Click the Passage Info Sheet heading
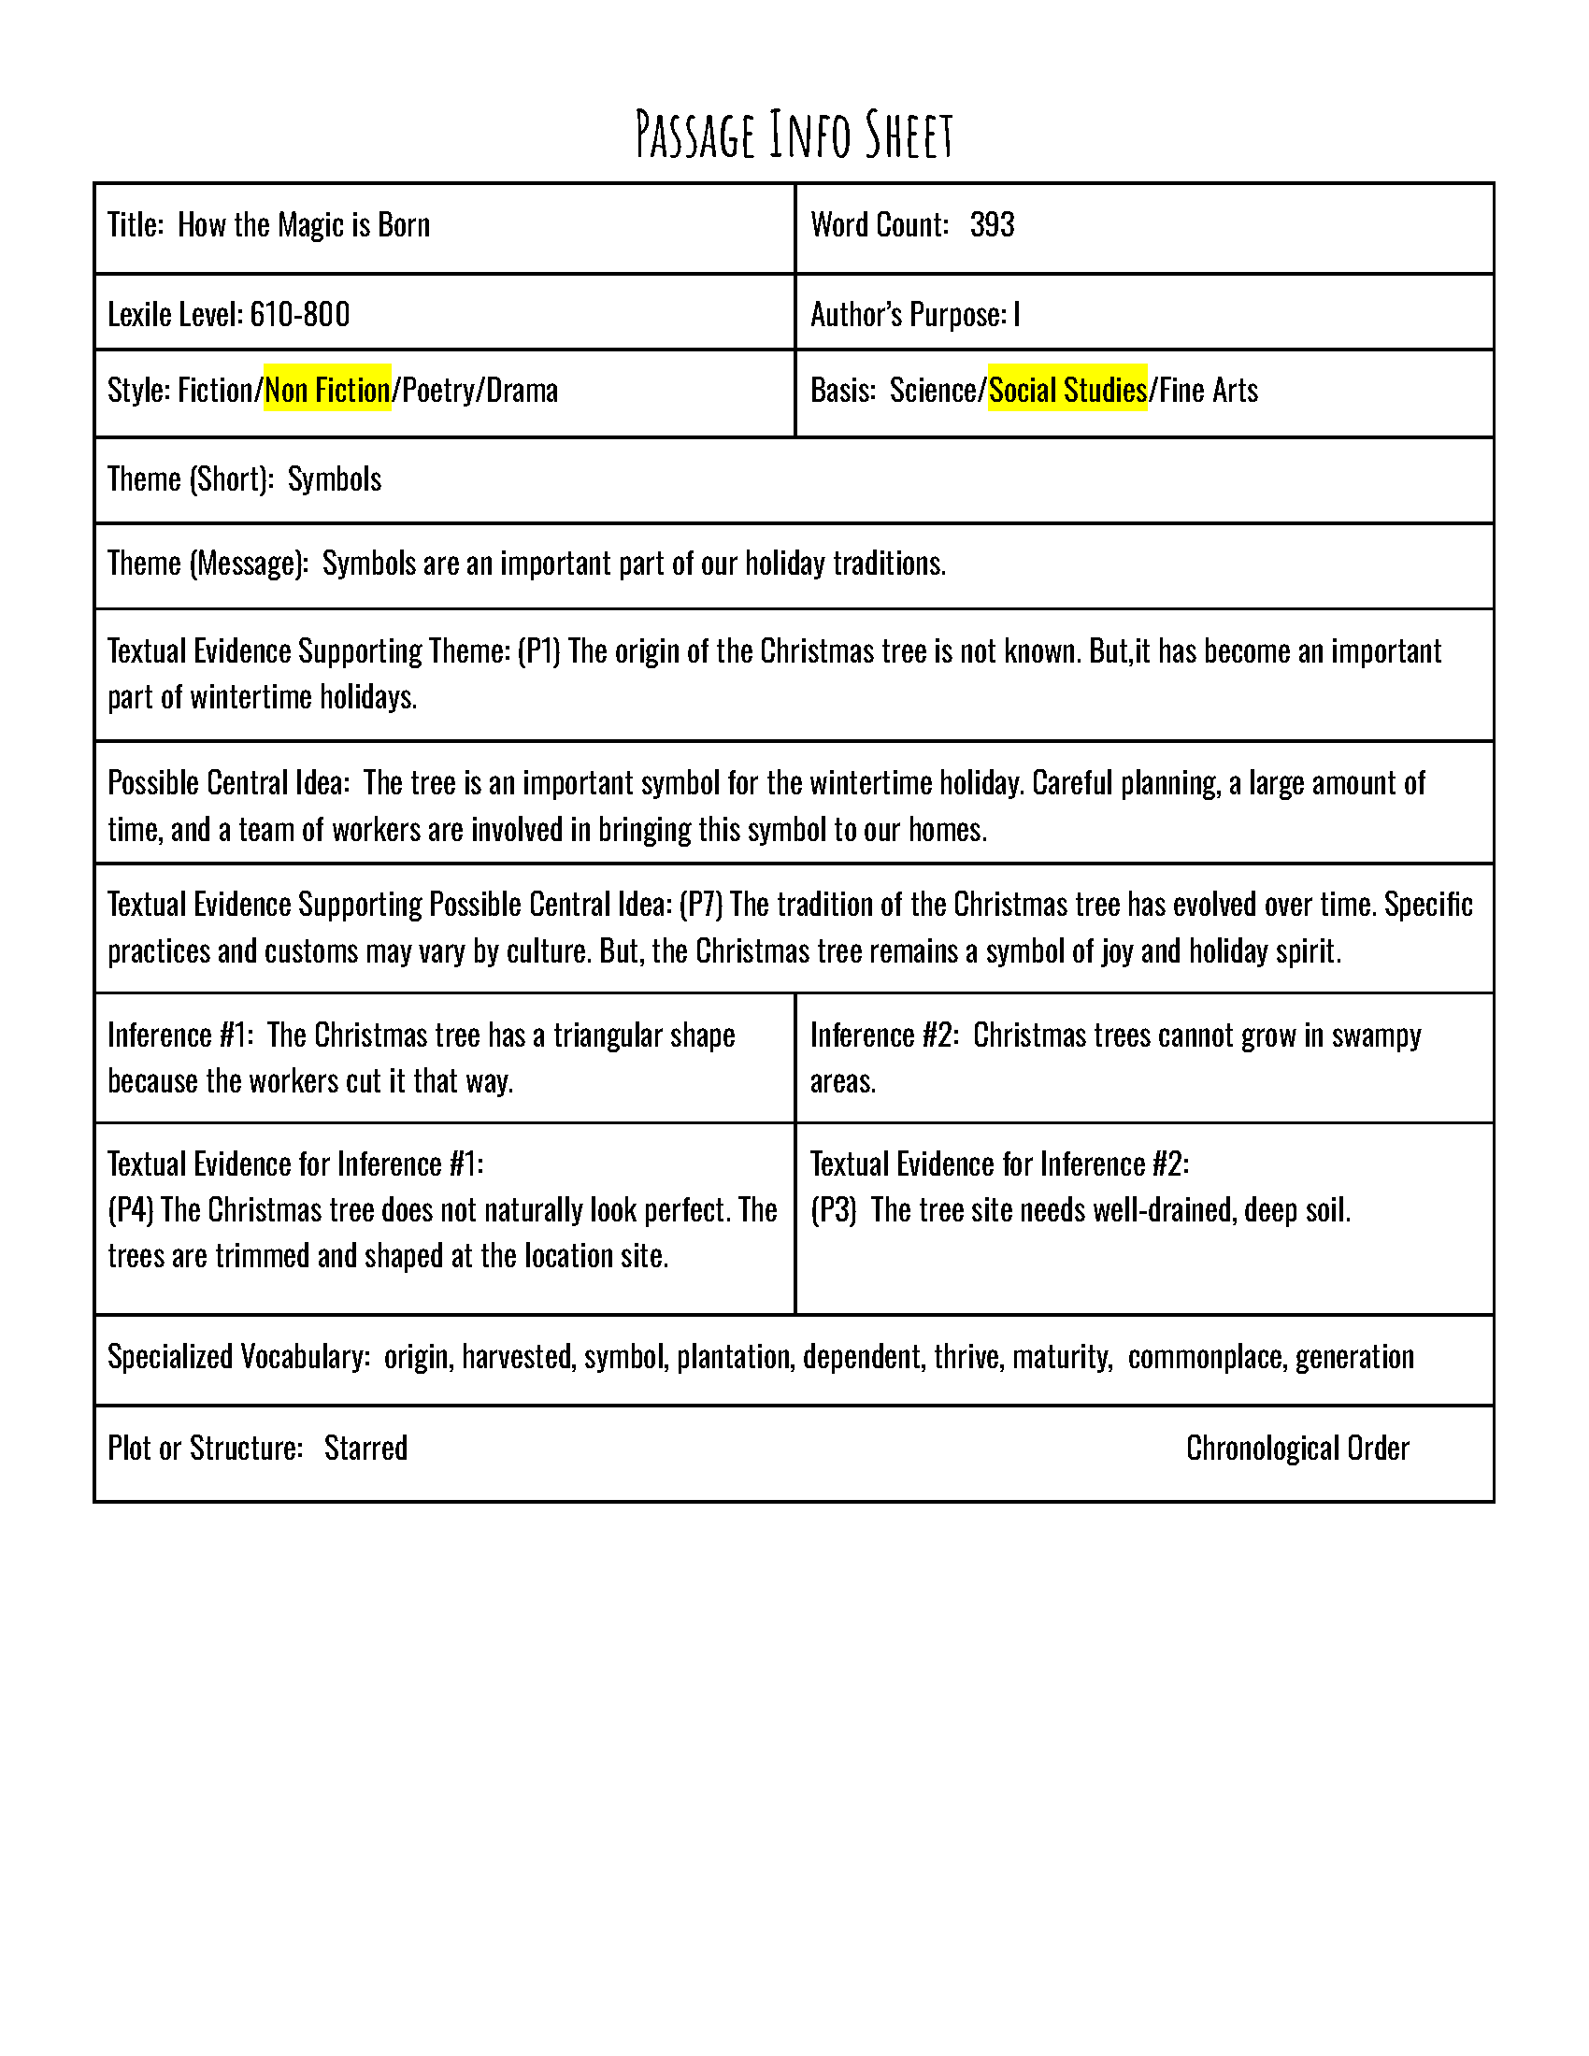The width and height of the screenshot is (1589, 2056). (794, 135)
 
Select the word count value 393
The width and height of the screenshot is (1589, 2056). (992, 225)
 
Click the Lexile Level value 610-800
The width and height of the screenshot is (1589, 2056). (299, 314)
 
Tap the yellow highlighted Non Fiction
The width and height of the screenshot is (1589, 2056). (326, 390)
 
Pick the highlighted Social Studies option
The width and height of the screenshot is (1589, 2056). (1067, 390)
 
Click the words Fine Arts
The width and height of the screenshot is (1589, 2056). (1209, 390)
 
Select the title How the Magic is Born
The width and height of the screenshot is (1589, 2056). (303, 225)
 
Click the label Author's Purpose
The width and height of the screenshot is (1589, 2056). (908, 314)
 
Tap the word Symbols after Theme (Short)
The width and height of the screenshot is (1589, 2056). (335, 479)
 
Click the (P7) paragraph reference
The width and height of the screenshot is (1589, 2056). (700, 905)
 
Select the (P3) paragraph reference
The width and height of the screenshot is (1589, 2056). (833, 1209)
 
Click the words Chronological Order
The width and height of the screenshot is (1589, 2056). (1297, 1448)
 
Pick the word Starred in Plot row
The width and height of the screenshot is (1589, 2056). (365, 1448)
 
